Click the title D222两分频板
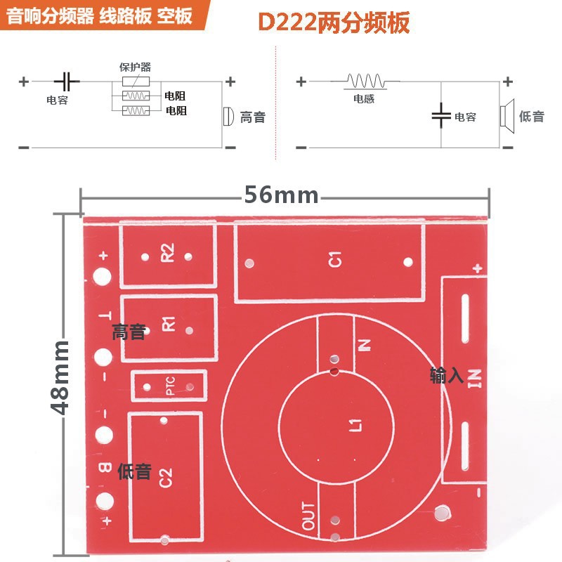(x=334, y=22)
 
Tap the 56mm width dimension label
(x=281, y=195)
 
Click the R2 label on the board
(x=167, y=252)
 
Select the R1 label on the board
(x=169, y=324)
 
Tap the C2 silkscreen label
(x=166, y=478)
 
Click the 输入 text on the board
(x=447, y=376)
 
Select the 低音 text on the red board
(x=134, y=471)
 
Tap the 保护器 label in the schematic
(x=136, y=67)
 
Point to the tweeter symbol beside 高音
(x=227, y=116)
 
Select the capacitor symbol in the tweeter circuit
(x=67, y=81)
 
